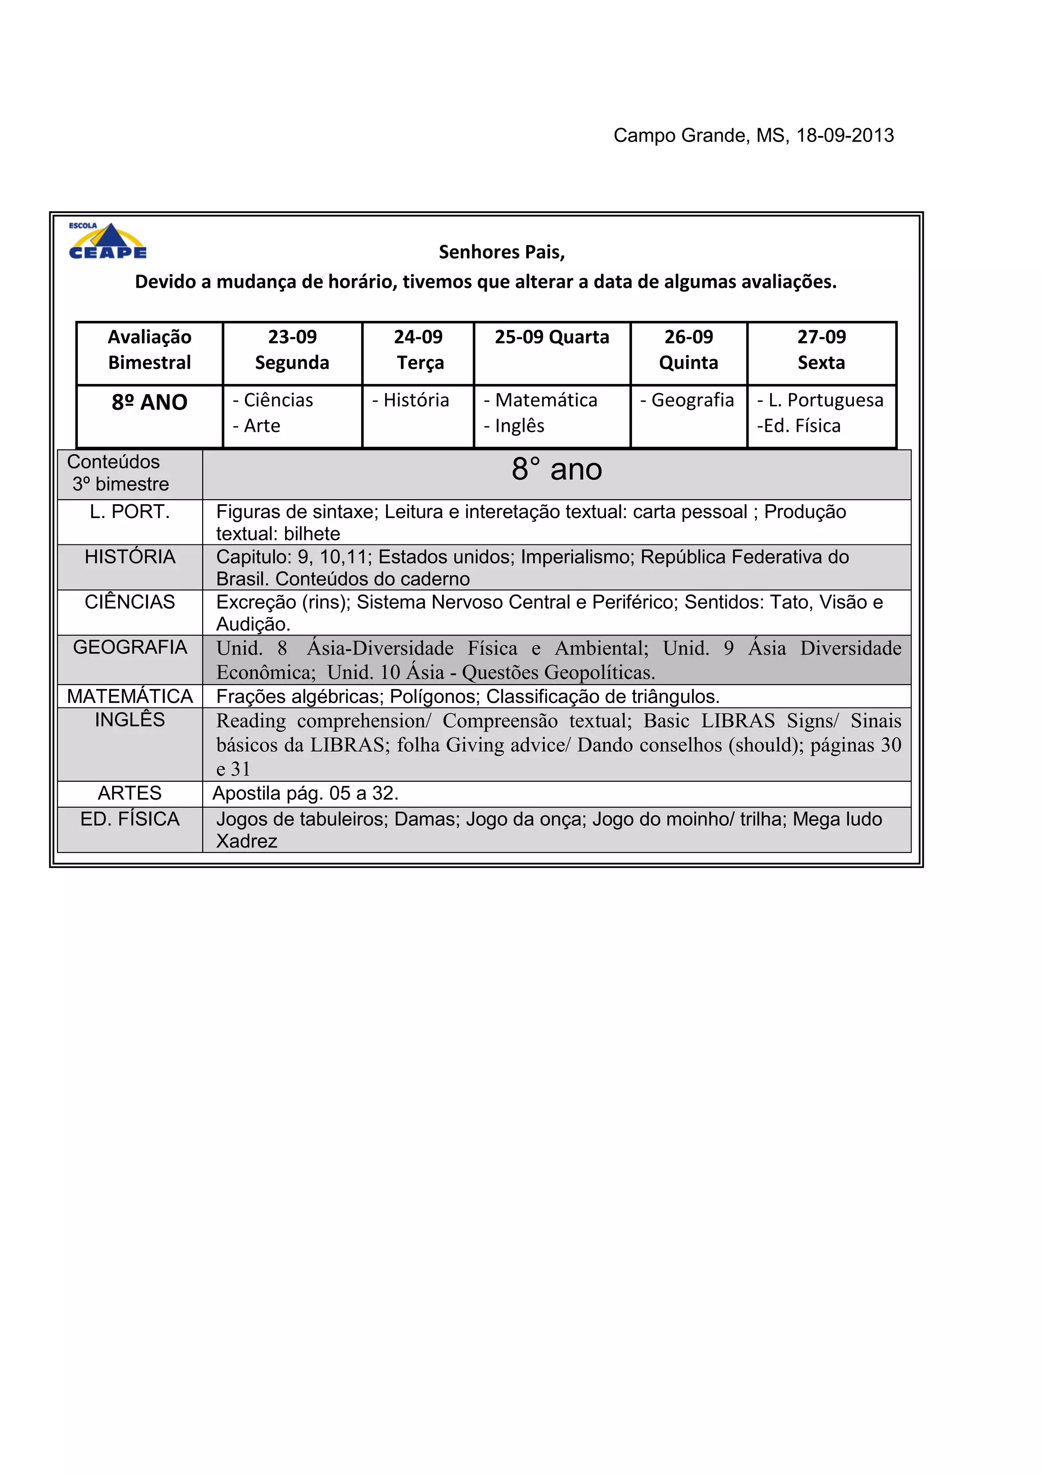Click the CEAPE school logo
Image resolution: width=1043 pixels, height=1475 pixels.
tap(108, 241)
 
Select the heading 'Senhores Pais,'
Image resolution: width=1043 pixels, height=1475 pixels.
tap(502, 252)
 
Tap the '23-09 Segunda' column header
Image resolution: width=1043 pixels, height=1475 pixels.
tap(292, 349)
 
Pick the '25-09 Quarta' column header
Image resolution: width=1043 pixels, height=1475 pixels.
tap(552, 337)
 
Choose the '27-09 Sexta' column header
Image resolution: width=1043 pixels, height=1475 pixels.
tap(821, 349)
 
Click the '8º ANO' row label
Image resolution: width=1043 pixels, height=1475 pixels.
tap(150, 402)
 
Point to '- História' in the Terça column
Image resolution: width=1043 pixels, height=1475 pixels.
tap(411, 400)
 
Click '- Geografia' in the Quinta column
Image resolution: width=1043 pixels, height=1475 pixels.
tap(687, 400)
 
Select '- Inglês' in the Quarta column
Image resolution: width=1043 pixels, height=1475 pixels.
tap(514, 426)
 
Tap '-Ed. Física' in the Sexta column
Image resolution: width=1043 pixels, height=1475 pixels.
tap(799, 426)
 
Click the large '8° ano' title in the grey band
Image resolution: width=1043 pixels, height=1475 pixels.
tap(557, 469)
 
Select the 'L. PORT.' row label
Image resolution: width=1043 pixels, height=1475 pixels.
tap(130, 512)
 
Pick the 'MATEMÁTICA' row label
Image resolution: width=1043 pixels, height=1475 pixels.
tap(130, 696)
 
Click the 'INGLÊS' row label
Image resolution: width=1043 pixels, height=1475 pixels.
tap(130, 720)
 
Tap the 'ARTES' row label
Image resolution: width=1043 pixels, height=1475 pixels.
tap(130, 794)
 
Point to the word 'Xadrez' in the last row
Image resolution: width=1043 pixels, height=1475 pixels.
tap(246, 841)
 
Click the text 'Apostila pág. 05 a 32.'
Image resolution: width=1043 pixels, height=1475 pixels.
tap(306, 794)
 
